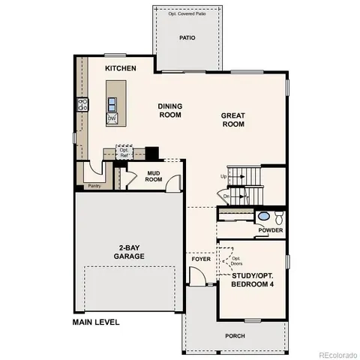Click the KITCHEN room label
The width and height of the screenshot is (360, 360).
click(x=120, y=68)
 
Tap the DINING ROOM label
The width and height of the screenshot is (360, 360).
click(x=170, y=111)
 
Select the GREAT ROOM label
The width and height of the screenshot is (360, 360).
click(x=232, y=121)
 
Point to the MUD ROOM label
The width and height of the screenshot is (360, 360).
click(x=154, y=175)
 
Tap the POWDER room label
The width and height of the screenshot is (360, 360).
click(x=271, y=230)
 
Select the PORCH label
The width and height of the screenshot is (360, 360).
click(x=235, y=335)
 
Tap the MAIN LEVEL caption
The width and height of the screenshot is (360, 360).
click(x=96, y=322)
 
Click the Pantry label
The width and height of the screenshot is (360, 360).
click(x=94, y=185)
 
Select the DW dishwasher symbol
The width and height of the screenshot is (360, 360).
click(x=111, y=118)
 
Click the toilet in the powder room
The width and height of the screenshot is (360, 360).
click(x=277, y=217)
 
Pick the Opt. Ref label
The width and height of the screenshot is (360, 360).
click(x=124, y=153)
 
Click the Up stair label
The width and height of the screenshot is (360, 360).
click(x=223, y=176)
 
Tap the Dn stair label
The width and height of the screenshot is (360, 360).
click(x=226, y=196)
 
